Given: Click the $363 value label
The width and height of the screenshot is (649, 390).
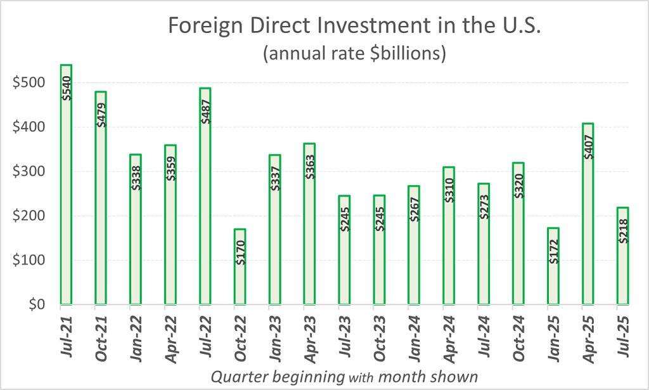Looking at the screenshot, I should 310,164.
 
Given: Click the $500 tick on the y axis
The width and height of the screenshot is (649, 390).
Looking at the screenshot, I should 29,82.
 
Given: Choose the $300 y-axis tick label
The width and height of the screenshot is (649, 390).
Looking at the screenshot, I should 29,171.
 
